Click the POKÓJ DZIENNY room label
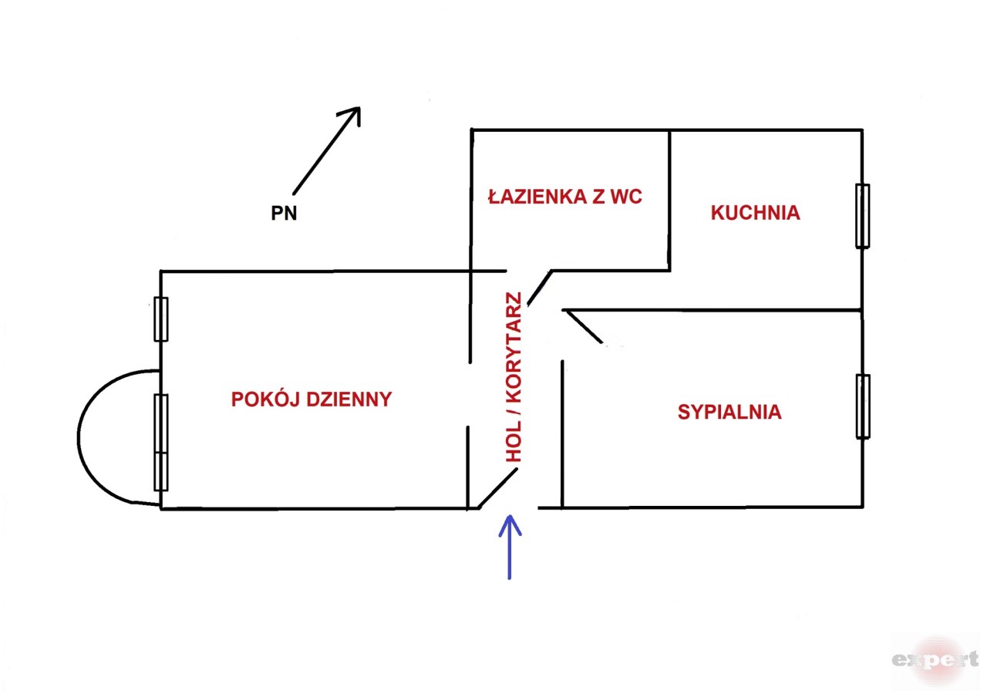[x=312, y=400]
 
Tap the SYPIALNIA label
[x=729, y=412]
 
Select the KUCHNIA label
[x=755, y=213]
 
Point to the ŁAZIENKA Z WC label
[x=565, y=197]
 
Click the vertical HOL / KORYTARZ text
[x=514, y=378]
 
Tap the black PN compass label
[x=284, y=214]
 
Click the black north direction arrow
[x=326, y=150]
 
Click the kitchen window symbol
[x=862, y=216]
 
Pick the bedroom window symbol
[x=863, y=406]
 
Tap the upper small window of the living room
[x=160, y=319]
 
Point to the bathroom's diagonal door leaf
[x=539, y=288]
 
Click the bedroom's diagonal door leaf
[x=583, y=326]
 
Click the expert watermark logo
[x=935, y=659]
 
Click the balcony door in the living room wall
[x=160, y=441]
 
